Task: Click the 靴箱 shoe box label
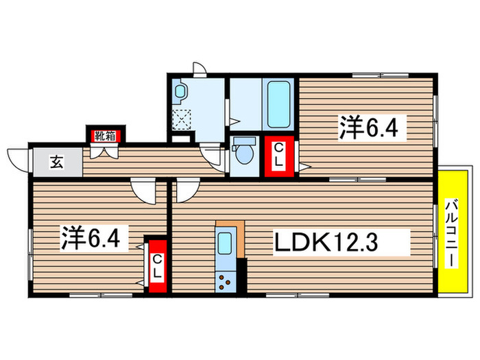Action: pos(104,135)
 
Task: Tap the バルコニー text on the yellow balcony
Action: pos(452,230)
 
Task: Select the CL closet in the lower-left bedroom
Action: pos(157,265)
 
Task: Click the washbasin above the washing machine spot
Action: pos(180,91)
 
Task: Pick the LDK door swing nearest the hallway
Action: pos(185,190)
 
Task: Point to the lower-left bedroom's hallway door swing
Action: pos(145,190)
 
